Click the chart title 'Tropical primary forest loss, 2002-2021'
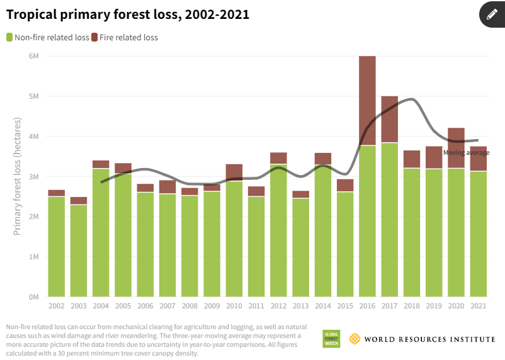coord(128,14)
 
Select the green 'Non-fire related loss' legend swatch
coord(9,37)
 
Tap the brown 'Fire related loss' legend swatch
coord(94,37)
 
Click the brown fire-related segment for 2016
coord(367,101)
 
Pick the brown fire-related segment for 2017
coord(389,120)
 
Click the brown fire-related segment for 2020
coord(456,148)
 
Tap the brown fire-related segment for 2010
coord(234,172)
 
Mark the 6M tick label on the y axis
coord(34,56)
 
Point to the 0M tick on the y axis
coord(34,296)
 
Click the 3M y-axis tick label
coord(34,176)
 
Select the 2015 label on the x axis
coord(345,306)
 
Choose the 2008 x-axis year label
coord(190,306)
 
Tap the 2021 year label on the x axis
coord(478,306)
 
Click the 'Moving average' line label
coord(466,152)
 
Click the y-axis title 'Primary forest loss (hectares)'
coord(17,176)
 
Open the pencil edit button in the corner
coord(492,14)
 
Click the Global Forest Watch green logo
coord(331,339)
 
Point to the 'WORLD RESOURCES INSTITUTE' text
coord(429,339)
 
